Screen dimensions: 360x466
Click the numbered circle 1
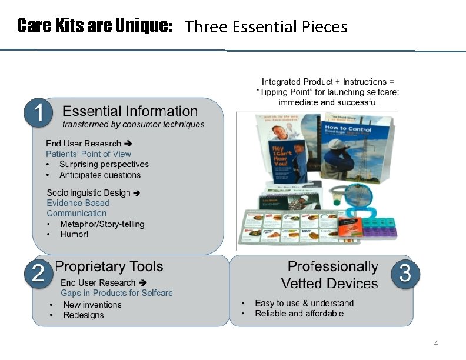pos(39,114)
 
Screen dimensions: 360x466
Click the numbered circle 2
pos(39,274)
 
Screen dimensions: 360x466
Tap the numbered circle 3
pos(405,274)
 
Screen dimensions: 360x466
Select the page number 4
pos(435,344)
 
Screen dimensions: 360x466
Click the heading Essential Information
pos(130,111)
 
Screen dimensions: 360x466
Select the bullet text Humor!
pos(74,234)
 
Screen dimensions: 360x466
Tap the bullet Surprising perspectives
pos(104,164)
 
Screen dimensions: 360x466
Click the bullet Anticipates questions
pos(100,175)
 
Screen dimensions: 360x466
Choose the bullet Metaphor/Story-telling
pos(102,224)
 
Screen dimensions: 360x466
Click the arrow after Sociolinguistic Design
pos(136,193)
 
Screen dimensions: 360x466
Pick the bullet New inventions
pos(92,305)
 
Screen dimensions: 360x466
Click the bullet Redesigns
pos(83,315)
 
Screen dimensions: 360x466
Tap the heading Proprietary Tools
pos(109,266)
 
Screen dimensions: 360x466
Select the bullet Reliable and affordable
pos(299,314)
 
